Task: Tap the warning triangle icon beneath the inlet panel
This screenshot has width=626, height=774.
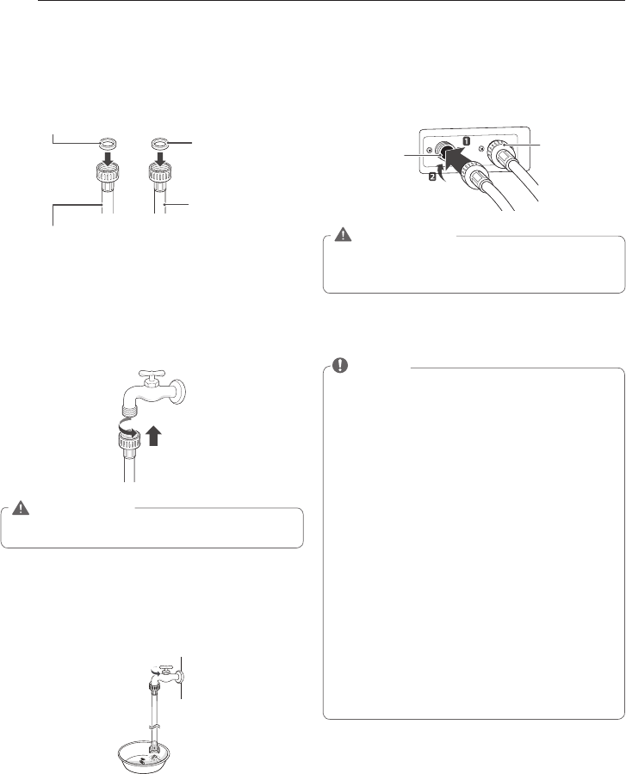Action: point(341,235)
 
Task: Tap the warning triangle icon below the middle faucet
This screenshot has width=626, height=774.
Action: point(21,508)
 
